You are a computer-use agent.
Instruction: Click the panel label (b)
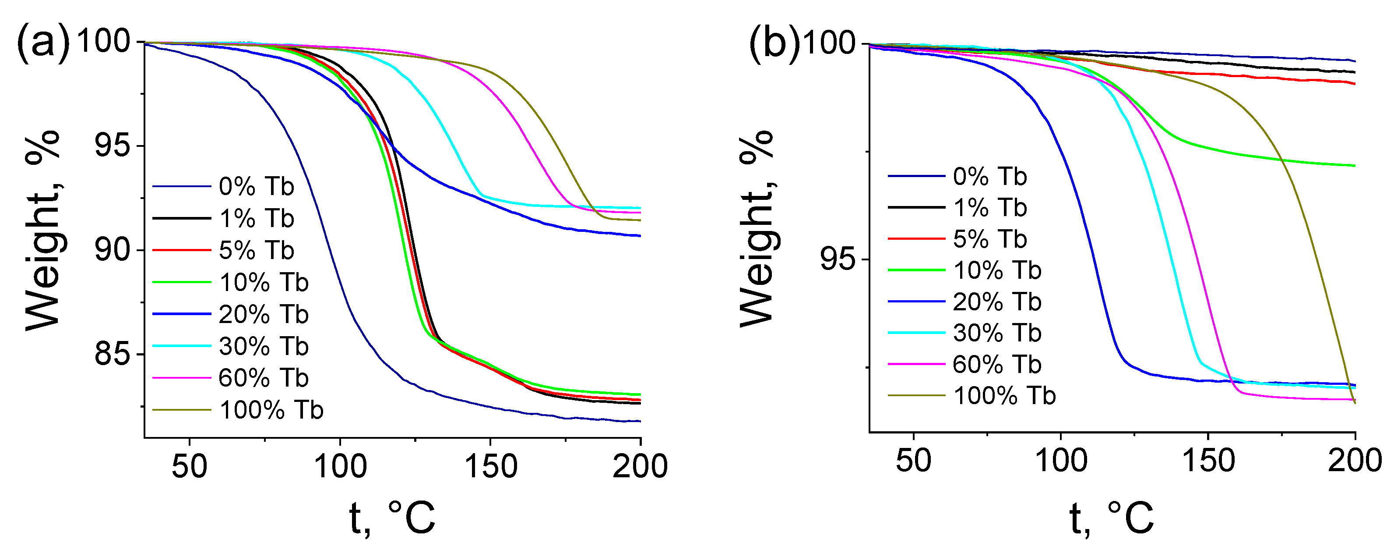tap(774, 43)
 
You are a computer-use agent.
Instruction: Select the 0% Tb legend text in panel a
tap(256, 187)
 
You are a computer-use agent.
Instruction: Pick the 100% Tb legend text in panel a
tap(271, 410)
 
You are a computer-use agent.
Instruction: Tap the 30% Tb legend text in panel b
tap(997, 333)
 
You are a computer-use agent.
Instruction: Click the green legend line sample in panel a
tap(181, 282)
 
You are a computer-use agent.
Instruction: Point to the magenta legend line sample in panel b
tap(916, 364)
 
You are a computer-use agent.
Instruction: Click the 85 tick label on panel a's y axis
tap(113, 355)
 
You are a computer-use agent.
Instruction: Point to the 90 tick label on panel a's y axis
tap(113, 250)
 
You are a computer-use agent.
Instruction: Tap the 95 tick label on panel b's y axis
tap(838, 259)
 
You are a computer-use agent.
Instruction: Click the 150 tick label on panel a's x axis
tap(491, 466)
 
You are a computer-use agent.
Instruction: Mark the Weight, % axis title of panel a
tap(42, 230)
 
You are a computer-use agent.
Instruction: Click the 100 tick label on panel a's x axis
tap(340, 466)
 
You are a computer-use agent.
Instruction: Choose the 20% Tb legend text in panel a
tap(263, 315)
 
